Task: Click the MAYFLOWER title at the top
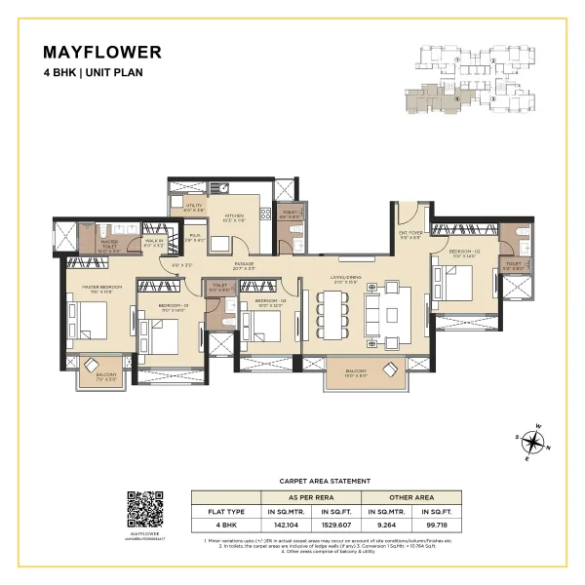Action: (102, 53)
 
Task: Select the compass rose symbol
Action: (533, 443)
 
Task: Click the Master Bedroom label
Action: (100, 287)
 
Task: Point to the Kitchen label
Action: (234, 217)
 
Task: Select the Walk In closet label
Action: (154, 244)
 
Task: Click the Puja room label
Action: (195, 237)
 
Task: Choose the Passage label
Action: (243, 265)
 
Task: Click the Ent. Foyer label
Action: (410, 235)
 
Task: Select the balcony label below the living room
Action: (354, 371)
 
